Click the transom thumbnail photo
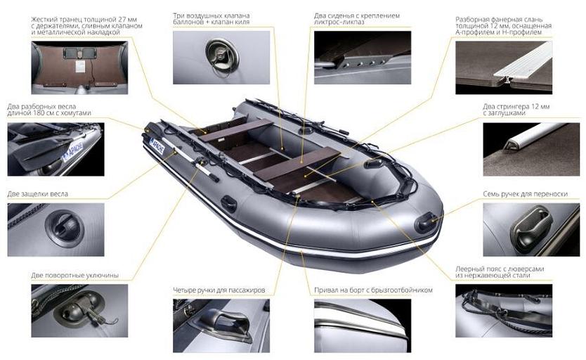point(79,67)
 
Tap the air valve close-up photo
point(221,58)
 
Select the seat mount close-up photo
point(363,58)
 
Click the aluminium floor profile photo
point(504,67)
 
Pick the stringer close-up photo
point(531,149)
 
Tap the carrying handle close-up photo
point(531,229)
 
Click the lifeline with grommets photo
point(504,311)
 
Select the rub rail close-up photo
point(363,326)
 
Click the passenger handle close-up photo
point(221,326)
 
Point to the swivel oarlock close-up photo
point(79,311)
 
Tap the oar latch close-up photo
point(56,229)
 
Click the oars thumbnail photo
point(56,149)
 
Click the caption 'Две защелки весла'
point(38,194)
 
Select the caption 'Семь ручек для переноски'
point(526,194)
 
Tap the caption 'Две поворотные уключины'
point(75,276)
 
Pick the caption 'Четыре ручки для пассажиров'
point(219,290)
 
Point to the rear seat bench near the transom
point(236,130)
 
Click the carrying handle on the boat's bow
point(426,222)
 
